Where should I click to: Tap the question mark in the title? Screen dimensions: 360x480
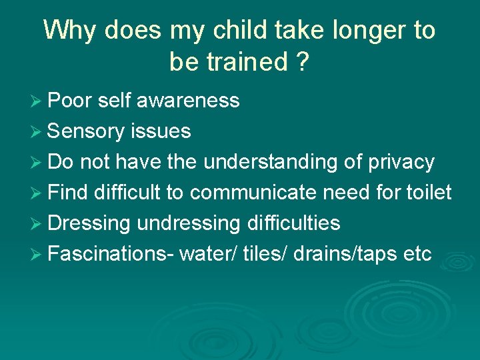pyautogui.click(x=301, y=61)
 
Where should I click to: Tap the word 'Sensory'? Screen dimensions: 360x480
pyautogui.click(x=85, y=131)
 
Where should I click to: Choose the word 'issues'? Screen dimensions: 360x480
pyautogui.click(x=161, y=131)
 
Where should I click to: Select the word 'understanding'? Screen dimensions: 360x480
pyautogui.click(x=279, y=162)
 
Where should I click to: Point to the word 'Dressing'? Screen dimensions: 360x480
pyautogui.click(x=89, y=223)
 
